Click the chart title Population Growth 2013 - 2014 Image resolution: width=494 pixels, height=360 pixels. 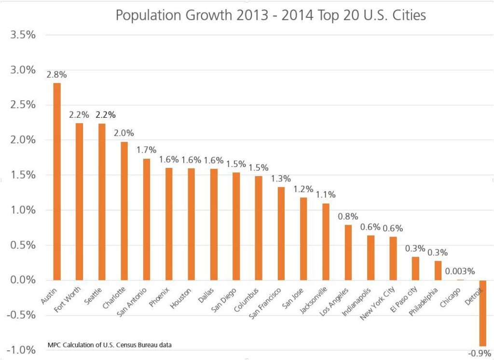pyautogui.click(x=271, y=15)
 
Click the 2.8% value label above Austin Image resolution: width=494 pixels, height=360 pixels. pyautogui.click(x=57, y=75)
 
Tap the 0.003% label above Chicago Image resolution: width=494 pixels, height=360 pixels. pyautogui.click(x=460, y=271)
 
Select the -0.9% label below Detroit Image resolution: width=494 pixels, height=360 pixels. pyautogui.click(x=480, y=353)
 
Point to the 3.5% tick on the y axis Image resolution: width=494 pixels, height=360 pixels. pyautogui.click(x=22, y=35)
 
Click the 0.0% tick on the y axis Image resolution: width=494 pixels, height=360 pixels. pyautogui.click(x=22, y=280)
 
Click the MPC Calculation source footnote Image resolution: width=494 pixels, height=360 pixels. pyautogui.click(x=110, y=345)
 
